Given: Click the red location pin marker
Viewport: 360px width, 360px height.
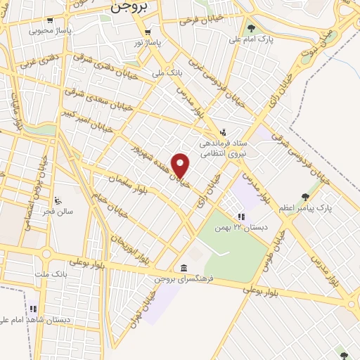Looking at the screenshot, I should coord(181,165).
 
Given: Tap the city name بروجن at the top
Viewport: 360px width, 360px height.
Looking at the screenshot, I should coord(130,8).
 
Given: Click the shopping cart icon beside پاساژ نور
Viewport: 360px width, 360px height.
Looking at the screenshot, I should coord(148,32).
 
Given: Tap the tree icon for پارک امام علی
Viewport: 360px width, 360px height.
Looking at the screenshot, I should coord(251,28).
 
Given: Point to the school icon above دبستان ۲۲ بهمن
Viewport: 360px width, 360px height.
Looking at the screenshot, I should coord(241,217).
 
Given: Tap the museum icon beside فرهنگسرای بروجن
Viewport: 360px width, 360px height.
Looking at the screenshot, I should coord(184,269).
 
